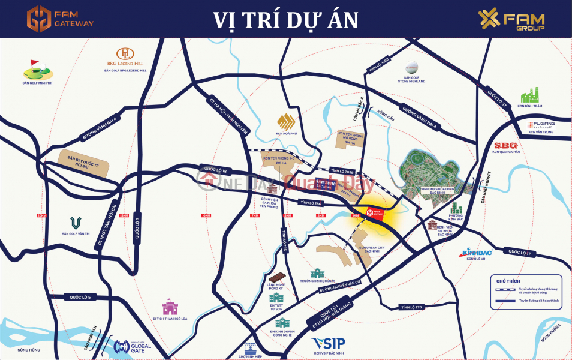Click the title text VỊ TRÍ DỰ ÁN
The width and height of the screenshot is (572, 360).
point(285,19)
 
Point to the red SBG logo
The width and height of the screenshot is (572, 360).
point(505,145)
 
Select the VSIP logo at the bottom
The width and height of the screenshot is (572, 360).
point(326,343)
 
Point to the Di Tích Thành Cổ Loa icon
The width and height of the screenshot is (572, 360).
point(170,308)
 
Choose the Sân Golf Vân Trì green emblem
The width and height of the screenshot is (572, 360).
point(75,223)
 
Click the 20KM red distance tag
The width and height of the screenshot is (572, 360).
point(41,215)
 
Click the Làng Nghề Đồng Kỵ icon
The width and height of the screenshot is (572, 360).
point(275,278)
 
